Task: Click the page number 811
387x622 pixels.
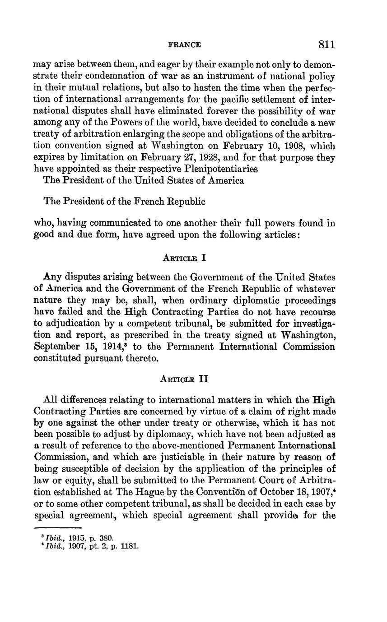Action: pyautogui.click(x=326, y=44)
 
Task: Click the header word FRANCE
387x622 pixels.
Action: pyautogui.click(x=185, y=45)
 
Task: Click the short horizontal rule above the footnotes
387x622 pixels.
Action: pyautogui.click(x=57, y=527)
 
